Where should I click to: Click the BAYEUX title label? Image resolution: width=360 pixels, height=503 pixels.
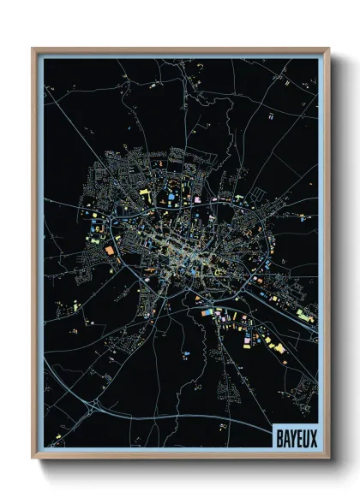click(x=295, y=434)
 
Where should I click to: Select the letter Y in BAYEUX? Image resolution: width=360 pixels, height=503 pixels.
click(x=292, y=434)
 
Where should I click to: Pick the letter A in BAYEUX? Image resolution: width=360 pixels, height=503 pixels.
click(x=285, y=434)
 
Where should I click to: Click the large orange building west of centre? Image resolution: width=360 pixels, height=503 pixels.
click(x=110, y=251)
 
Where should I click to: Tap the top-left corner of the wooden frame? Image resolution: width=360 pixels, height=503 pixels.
click(x=34, y=50)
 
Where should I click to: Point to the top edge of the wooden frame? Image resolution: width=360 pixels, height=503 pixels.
click(x=180, y=50)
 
